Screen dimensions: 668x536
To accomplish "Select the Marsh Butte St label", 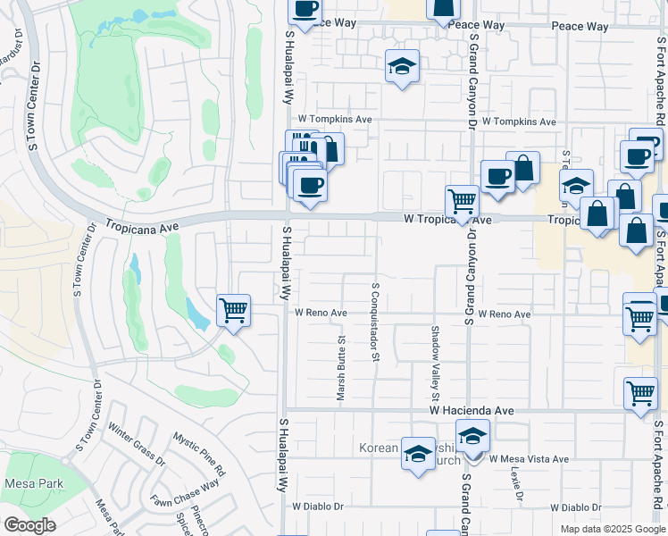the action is pos(341,369).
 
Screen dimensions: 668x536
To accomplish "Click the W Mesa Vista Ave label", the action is pos(528,459).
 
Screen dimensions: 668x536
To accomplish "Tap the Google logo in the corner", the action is pos(29,525).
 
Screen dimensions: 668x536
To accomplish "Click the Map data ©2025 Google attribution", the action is pos(613,529).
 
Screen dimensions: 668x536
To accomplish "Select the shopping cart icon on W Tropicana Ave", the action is pos(462,201).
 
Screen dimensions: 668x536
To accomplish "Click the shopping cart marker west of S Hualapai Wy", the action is pos(233,312).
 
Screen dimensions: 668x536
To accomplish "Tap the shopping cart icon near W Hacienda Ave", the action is pos(640,392).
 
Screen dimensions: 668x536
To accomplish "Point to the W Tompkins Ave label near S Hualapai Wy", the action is pos(335,119).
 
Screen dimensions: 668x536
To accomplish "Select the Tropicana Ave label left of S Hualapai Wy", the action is pos(142,227).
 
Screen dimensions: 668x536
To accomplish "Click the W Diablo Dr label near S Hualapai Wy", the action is pos(318,507).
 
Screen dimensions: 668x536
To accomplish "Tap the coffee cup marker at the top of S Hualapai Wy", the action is pos(304,9).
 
